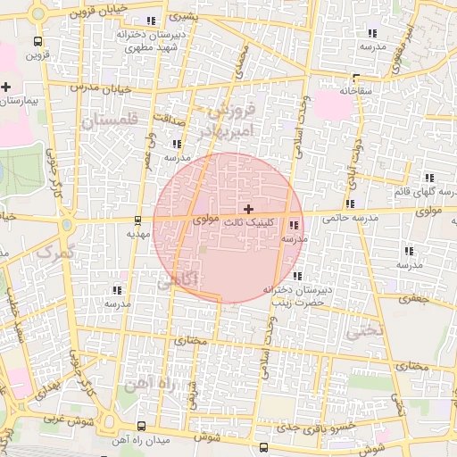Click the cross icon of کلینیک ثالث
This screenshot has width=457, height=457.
tap(248, 209)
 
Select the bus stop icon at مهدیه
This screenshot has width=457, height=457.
tap(137, 220)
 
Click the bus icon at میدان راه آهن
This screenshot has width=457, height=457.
tap(141, 426)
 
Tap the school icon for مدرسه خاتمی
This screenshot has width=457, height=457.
tap(350, 204)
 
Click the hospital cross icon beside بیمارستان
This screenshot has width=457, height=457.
tap(7, 87)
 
